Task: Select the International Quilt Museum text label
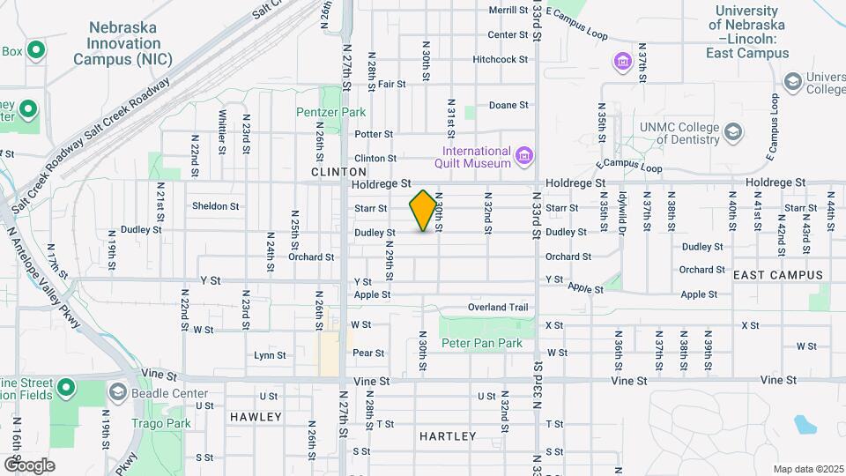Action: point(472,157)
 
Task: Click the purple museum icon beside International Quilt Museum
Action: point(525,157)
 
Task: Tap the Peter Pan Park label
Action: point(482,343)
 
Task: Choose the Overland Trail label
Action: point(498,308)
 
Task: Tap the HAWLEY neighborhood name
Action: point(256,416)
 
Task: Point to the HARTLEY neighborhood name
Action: point(448,436)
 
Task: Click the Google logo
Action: point(29,465)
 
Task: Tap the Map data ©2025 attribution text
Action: point(807,469)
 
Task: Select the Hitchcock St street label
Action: point(500,59)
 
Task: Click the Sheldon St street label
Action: point(216,206)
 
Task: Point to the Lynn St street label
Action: point(270,356)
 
